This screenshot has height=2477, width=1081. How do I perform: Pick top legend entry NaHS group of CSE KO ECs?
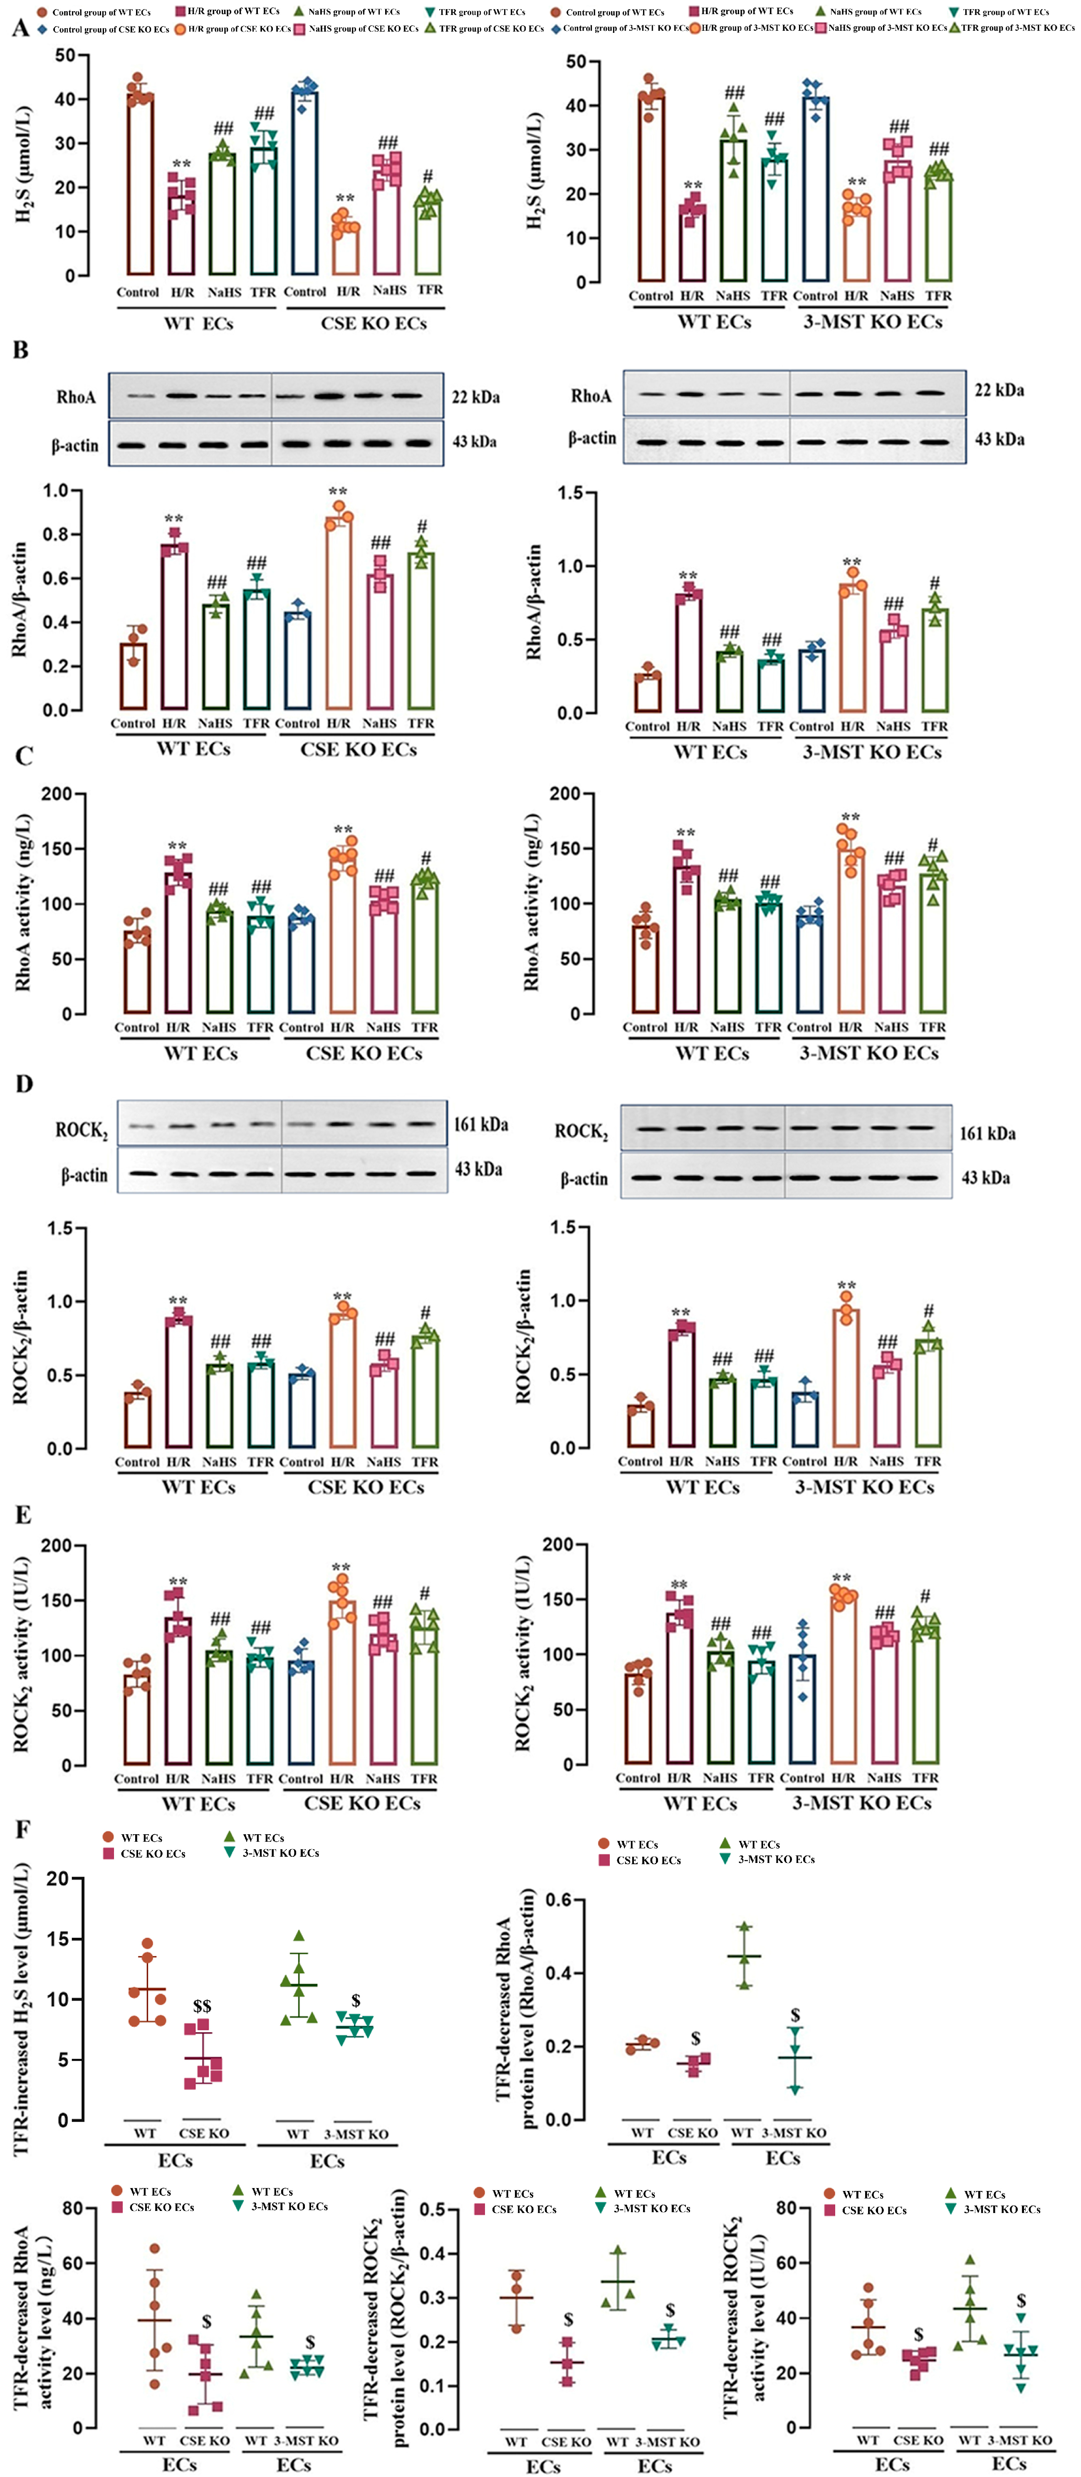tap(356, 29)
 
